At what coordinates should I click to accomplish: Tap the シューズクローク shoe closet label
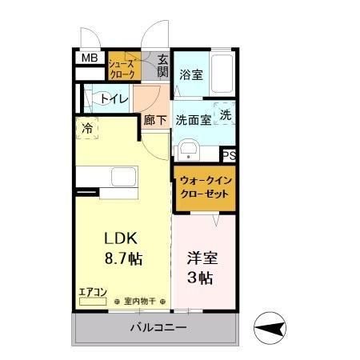[x=123, y=67]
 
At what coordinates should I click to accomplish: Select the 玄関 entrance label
[x=162, y=66]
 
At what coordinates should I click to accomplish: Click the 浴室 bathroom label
[x=191, y=75]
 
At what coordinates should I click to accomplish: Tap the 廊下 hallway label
[x=155, y=121]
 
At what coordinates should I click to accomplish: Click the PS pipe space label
[x=230, y=156]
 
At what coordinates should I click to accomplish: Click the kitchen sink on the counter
[x=124, y=178]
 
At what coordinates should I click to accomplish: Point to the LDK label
[x=120, y=238]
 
